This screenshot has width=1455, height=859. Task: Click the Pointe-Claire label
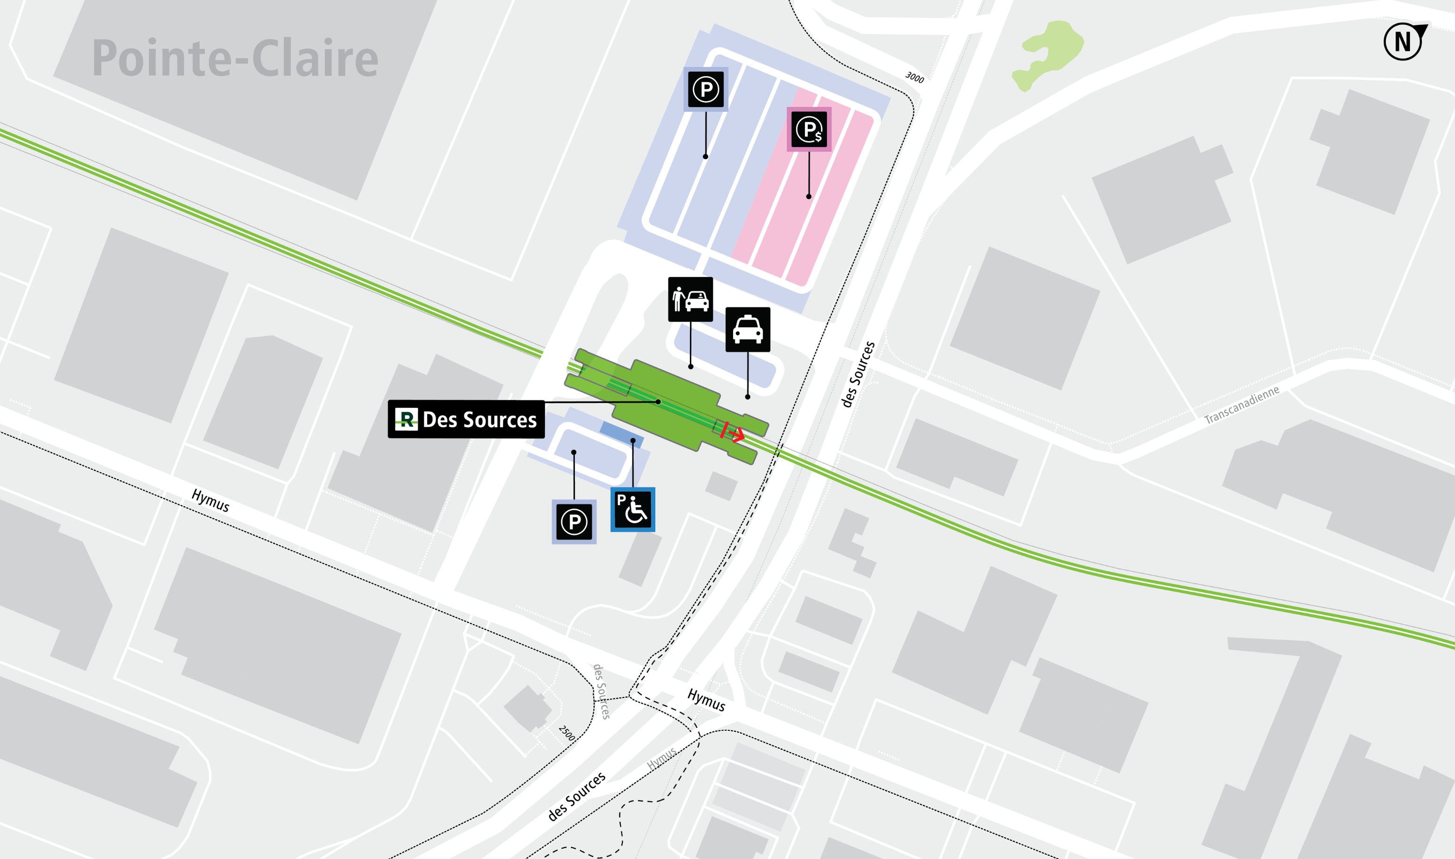coord(235,59)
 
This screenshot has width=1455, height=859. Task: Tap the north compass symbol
coord(1403,42)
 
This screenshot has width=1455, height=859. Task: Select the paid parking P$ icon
coord(809,129)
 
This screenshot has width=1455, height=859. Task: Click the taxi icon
coord(748,330)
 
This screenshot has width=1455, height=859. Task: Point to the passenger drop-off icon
coord(690,299)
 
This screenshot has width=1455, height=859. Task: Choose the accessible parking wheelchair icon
coord(633,509)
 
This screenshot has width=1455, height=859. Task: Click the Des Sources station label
coord(466,419)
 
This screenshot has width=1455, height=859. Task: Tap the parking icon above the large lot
coord(705,89)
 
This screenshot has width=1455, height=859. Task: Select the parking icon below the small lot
coord(574,522)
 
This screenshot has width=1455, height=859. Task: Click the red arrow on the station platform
coord(733,432)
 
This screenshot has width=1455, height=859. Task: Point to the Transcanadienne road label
coord(1241,406)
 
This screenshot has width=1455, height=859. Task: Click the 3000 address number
coord(914,77)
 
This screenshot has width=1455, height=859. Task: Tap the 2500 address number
coord(567,733)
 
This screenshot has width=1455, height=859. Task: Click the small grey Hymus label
coord(661,758)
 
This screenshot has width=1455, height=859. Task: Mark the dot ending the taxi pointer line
coord(748,397)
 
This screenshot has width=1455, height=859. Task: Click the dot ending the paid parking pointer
coord(809,197)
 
